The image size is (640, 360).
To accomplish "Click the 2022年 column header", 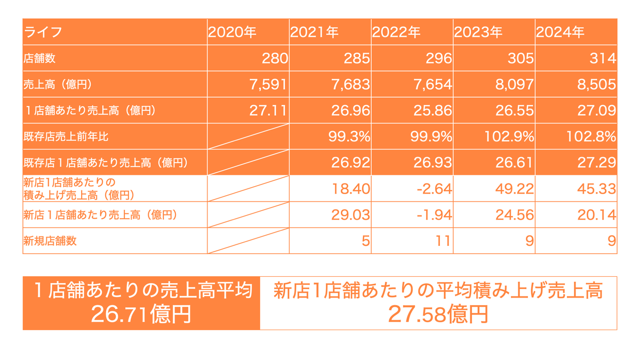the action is click(396, 32).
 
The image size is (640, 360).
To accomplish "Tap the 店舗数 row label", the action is click(39, 58).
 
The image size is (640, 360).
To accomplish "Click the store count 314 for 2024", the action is click(603, 58).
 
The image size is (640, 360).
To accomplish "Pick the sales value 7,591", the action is click(268, 85).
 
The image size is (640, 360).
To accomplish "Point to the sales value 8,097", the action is click(514, 85).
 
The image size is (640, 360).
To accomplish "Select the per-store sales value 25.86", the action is click(433, 110).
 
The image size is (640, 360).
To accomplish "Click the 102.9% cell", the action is click(509, 137).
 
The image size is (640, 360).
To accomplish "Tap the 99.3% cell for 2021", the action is click(349, 137).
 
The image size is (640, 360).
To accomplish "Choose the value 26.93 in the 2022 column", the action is click(433, 163).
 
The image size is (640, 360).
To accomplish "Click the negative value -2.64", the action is click(434, 189).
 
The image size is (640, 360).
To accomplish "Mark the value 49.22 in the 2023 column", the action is click(514, 189).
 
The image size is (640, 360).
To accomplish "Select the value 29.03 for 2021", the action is click(350, 215).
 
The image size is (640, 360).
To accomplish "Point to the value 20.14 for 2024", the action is click(597, 215).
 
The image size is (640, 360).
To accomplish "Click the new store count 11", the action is click(443, 241).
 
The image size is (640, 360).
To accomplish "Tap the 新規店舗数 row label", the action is click(50, 241).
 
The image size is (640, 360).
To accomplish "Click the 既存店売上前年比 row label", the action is click(66, 137).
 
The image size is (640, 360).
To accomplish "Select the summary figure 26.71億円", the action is click(141, 314).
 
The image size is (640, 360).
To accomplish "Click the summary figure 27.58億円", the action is click(438, 314).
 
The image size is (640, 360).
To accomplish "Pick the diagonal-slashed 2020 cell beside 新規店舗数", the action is click(249, 241).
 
